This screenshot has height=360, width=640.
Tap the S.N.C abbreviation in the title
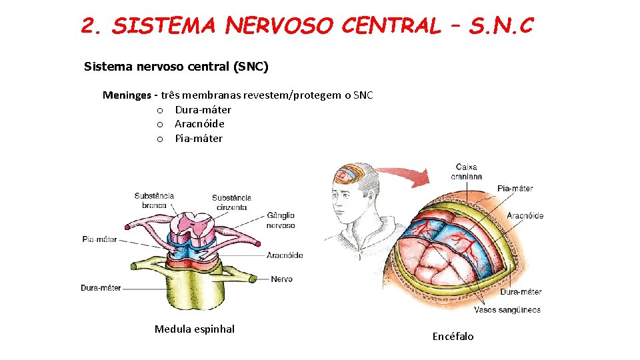[x=501, y=26]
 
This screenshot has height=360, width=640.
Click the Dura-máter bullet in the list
[x=203, y=110]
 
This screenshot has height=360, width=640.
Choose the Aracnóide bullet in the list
[x=199, y=124]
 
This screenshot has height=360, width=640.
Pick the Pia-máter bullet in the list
[x=199, y=139]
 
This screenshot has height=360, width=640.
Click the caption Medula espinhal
[x=195, y=329]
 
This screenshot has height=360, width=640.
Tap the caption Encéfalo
[x=453, y=336]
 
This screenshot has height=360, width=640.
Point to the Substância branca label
[x=154, y=200]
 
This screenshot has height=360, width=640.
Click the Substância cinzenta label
[x=231, y=202]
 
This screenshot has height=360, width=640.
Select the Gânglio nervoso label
[x=281, y=220]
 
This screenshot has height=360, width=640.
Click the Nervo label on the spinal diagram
[x=281, y=279]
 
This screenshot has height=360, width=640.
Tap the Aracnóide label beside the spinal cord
[x=285, y=255]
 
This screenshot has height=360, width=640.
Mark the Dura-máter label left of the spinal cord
[x=101, y=288]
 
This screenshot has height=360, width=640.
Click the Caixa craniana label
[x=466, y=171]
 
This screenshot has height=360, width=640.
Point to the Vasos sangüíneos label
[x=507, y=310]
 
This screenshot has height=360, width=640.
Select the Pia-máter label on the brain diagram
[x=515, y=189]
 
